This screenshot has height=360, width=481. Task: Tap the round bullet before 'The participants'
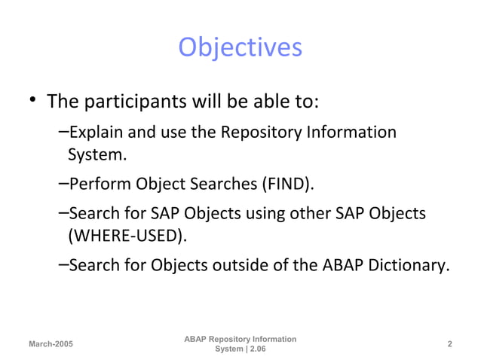pos(32,101)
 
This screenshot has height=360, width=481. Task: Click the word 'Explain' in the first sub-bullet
pos(91,133)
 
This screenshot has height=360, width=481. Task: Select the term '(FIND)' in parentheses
pos(288,185)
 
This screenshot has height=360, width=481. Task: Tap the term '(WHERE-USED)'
pos(126,236)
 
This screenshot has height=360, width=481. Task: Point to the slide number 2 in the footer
pos(449,344)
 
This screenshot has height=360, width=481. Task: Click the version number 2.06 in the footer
pos(253,349)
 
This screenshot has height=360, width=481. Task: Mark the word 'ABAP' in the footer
pos(196,340)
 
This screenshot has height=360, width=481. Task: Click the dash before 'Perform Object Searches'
pos(63,183)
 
